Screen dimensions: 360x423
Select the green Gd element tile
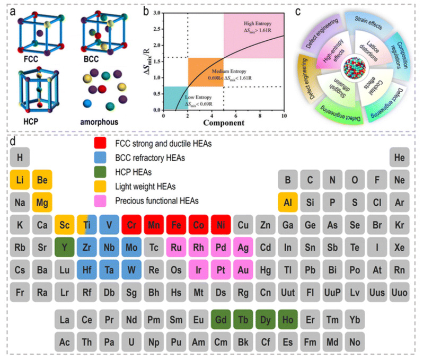click(x=221, y=320)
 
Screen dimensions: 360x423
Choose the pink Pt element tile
click(x=221, y=269)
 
